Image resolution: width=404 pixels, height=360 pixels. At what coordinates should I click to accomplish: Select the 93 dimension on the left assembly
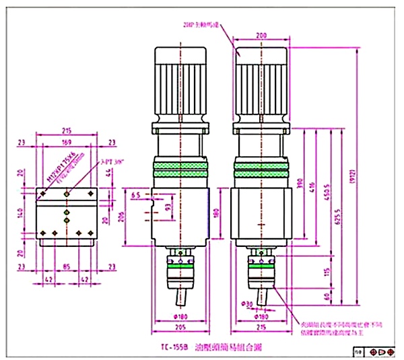168,209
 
